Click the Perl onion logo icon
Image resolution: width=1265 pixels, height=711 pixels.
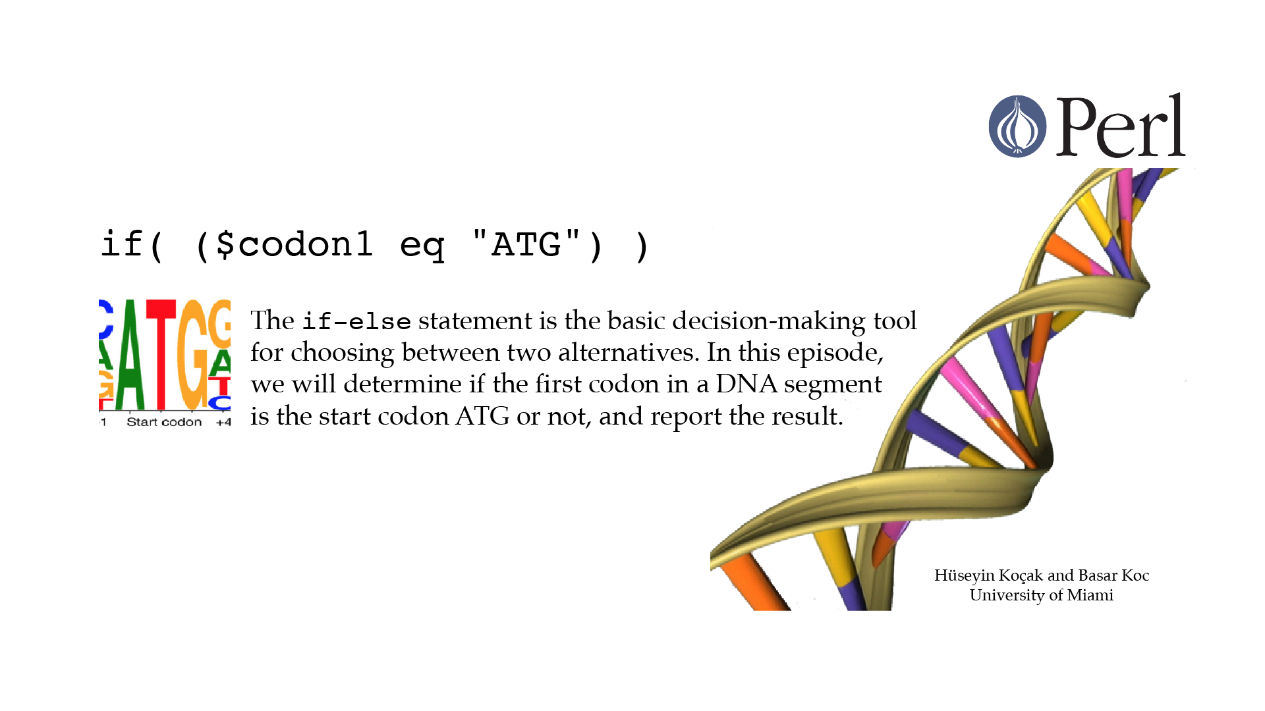1017,126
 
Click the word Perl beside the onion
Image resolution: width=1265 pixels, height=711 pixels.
1121,125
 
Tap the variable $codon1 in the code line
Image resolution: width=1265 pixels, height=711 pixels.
295,245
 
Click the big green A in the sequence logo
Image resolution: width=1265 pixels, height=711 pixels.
130,355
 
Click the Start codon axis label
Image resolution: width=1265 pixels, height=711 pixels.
164,422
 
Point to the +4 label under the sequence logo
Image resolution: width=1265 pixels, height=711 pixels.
223,423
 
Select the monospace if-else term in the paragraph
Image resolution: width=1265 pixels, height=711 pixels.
356,322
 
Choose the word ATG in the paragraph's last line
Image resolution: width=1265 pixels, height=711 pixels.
482,416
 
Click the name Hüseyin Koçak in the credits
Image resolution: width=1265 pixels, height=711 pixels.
988,575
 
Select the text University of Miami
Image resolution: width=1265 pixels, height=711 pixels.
1042,595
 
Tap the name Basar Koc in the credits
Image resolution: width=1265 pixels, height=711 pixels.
1113,575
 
